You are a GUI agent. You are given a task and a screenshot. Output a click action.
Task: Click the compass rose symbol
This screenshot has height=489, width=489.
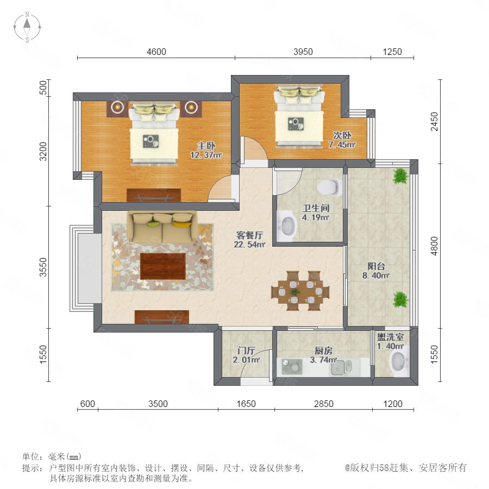27,27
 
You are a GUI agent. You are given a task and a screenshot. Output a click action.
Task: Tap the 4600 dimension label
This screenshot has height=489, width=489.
156,52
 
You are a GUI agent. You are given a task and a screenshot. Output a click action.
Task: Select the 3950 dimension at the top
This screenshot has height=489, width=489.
303,52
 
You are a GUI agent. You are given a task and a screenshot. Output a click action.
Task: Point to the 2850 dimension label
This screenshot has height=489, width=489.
323,404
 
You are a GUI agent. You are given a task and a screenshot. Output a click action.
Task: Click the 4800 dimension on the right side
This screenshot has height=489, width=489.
434,246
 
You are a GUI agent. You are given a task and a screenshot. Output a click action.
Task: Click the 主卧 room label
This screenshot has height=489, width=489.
206,146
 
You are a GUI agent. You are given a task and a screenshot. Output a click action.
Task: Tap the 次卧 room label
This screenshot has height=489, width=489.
342,135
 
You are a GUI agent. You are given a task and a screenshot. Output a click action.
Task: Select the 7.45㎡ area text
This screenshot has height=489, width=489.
342,145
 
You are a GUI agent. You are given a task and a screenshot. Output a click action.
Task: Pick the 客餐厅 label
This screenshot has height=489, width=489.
249,235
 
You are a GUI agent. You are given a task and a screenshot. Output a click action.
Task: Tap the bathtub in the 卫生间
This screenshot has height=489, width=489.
286,226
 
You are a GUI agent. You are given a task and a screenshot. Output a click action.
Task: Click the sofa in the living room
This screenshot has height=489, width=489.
162,227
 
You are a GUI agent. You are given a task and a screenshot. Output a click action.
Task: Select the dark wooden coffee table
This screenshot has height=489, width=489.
163,266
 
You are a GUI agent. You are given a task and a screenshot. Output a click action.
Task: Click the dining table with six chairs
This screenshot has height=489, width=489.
300,291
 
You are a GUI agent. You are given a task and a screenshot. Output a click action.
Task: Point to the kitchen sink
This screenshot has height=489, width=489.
342,368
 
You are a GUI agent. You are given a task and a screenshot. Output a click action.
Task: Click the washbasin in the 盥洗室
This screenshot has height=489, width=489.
399,362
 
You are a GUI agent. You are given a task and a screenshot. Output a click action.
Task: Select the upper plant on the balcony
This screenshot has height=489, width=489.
400,176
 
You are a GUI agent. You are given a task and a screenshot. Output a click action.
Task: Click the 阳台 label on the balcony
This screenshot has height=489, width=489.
376,266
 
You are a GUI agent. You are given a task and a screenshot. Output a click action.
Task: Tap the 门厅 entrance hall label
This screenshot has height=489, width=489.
246,350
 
